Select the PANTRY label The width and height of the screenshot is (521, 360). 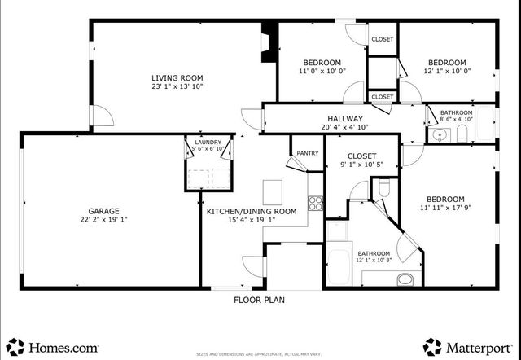(x=307, y=152)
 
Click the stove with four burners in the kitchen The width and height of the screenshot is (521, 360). (x=315, y=203)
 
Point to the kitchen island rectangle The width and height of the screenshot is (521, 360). (x=273, y=192)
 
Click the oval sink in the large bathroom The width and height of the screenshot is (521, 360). (x=405, y=279)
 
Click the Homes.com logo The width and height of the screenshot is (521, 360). (x=54, y=347)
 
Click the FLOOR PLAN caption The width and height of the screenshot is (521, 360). (x=259, y=300)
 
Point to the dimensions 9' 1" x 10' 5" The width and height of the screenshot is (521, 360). (x=361, y=165)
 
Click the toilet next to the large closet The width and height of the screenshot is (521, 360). (x=384, y=190)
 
